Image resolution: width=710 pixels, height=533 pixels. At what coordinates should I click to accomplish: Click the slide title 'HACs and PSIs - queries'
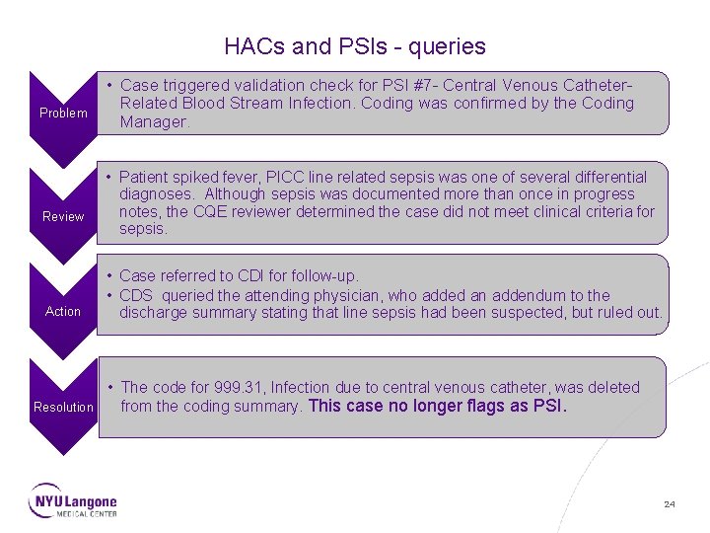click(x=355, y=46)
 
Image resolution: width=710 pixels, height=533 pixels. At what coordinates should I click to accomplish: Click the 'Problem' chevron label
click(x=63, y=113)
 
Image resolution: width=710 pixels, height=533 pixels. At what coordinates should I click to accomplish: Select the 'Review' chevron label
click(x=63, y=216)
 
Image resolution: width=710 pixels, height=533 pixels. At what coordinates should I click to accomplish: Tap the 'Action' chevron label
click(x=63, y=311)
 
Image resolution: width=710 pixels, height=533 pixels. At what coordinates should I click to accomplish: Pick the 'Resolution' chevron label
click(x=63, y=407)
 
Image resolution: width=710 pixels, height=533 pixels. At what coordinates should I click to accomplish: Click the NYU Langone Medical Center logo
click(x=73, y=500)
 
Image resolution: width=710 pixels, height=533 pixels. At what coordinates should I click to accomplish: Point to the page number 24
click(x=670, y=504)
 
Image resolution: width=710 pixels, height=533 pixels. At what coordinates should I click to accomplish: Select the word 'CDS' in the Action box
click(x=137, y=295)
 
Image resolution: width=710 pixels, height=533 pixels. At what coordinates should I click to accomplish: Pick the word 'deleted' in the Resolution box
click(x=611, y=387)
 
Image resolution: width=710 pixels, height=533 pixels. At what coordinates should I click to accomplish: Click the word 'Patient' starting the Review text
click(x=146, y=177)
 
